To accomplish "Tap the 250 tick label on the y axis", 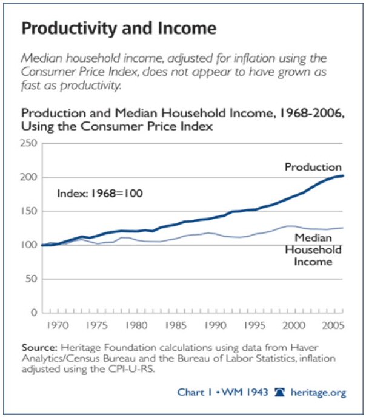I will [x=30, y=144].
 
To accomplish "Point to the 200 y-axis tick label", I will [x=30, y=178].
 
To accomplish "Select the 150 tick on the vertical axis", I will [x=30, y=212].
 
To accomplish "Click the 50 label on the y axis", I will [x=32, y=279].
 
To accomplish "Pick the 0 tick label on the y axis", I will [x=35, y=313].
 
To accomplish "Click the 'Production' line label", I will [x=314, y=167].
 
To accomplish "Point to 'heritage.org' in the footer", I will [x=319, y=393].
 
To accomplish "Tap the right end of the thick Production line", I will [x=343, y=176].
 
